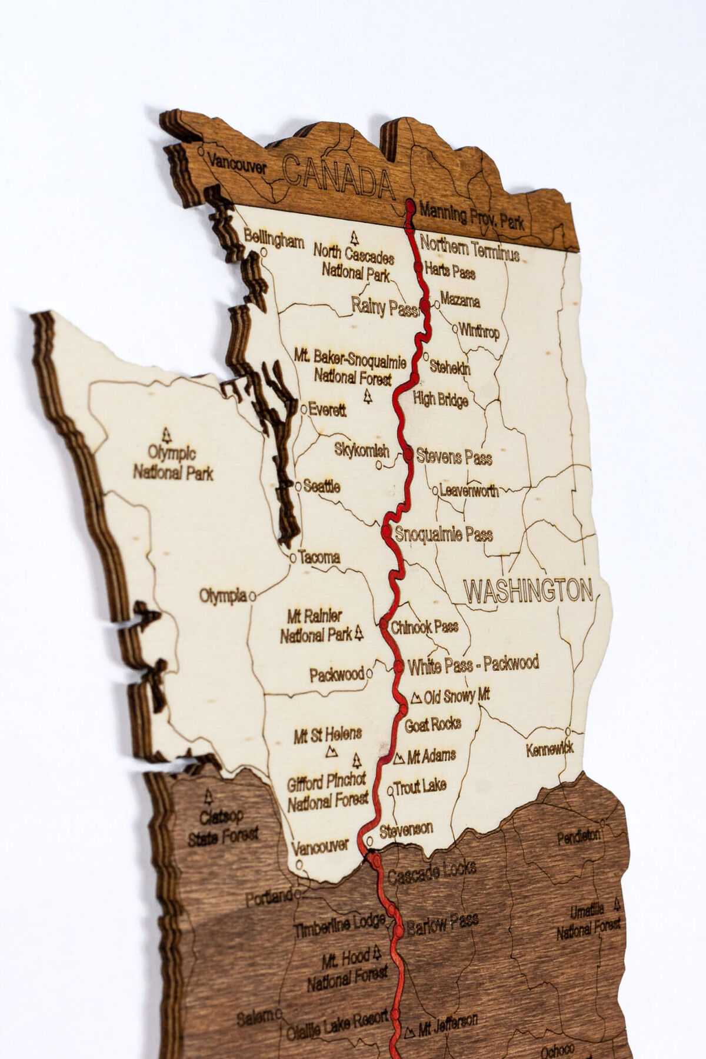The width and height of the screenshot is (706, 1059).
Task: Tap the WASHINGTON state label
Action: (x=528, y=591)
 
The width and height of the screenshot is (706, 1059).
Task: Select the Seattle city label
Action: (x=321, y=487)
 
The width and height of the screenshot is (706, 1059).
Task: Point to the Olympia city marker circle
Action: (x=252, y=596)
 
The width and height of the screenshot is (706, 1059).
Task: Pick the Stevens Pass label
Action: (x=454, y=457)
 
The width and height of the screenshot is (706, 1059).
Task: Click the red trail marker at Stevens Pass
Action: (x=408, y=452)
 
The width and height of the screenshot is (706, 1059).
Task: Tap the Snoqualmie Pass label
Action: (x=444, y=535)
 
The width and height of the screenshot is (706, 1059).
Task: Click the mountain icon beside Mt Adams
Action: (x=399, y=758)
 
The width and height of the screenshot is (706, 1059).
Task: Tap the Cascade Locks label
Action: (x=431, y=872)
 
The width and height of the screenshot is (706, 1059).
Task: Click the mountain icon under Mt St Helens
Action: (x=332, y=751)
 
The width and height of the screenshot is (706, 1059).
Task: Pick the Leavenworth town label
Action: (x=468, y=490)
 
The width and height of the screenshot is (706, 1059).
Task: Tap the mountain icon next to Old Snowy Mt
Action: (x=416, y=698)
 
